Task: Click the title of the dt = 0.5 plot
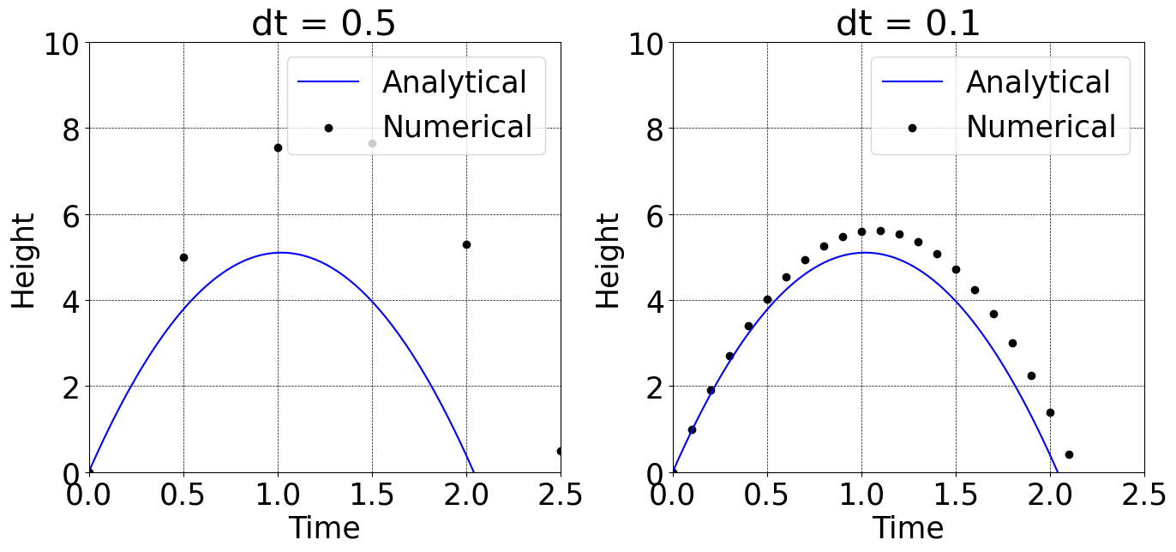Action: tap(324, 24)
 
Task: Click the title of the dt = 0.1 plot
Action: tap(908, 24)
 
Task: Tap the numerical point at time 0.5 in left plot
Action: tap(183, 257)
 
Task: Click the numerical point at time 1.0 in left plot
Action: tap(278, 147)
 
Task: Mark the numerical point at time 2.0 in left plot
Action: tap(466, 244)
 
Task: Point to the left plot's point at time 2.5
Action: tap(560, 451)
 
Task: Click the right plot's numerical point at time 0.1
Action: tap(692, 429)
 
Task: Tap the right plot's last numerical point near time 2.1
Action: tap(1069, 454)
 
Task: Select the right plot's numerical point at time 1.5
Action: tap(956, 269)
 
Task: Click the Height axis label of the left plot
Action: tap(24, 261)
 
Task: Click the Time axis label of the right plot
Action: tap(908, 528)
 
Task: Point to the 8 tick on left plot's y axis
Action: tap(72, 129)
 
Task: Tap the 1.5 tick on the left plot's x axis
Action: tap(372, 495)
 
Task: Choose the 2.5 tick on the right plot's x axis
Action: tap(1143, 495)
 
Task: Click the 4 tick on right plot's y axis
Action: tap(656, 300)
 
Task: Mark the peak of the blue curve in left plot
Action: tap(280, 252)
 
